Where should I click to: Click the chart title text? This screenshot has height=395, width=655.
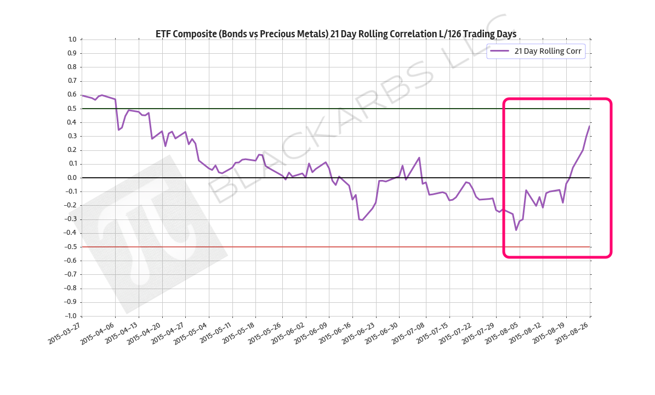[x=336, y=34]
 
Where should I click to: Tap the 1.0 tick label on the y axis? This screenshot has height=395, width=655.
[x=72, y=39]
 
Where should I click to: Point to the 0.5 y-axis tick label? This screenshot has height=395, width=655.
[x=72, y=109]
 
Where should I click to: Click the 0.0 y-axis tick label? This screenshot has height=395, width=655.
[x=72, y=178]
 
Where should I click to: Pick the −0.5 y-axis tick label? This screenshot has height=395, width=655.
[x=71, y=247]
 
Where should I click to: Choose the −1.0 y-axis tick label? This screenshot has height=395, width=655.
[x=71, y=316]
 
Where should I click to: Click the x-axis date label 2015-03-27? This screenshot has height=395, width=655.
[x=65, y=332]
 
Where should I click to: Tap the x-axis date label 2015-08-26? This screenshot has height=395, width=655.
[x=573, y=332]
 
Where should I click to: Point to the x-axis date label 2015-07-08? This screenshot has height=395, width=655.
[x=408, y=332]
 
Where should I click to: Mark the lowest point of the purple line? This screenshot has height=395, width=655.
[x=516, y=230]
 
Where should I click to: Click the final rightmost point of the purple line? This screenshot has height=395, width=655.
[x=590, y=126]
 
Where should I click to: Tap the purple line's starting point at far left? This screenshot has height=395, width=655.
[x=82, y=95]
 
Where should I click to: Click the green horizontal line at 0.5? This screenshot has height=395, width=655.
[x=274, y=109]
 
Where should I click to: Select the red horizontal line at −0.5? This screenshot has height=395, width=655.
[x=274, y=247]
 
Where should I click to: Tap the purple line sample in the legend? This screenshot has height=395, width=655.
[x=499, y=51]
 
